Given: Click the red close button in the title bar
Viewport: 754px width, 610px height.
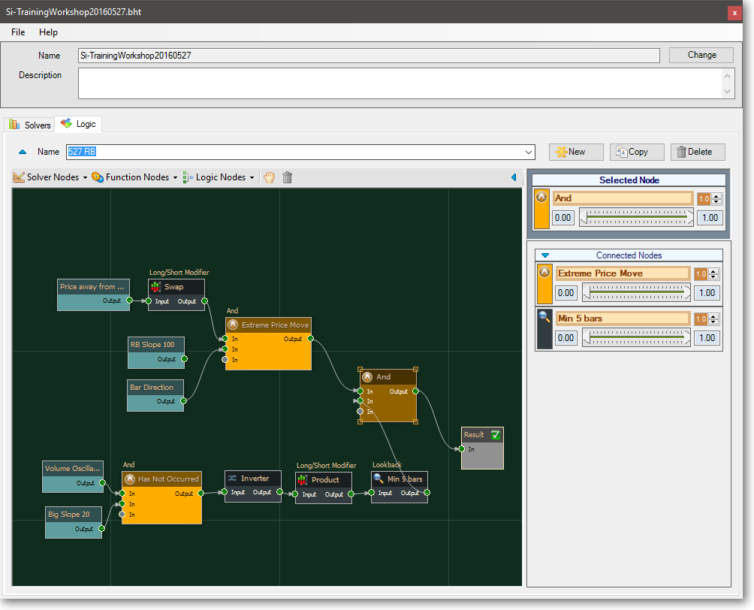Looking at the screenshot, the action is pyautogui.click(x=734, y=13).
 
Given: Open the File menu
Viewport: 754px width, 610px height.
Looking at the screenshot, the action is pyautogui.click(x=18, y=32).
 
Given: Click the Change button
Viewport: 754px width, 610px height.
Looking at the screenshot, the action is pyautogui.click(x=701, y=55).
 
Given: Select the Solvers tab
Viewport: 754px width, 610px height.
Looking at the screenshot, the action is pyautogui.click(x=30, y=125).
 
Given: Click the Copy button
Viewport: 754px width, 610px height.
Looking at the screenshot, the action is pyautogui.click(x=637, y=152).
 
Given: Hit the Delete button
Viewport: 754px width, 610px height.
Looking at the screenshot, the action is pyautogui.click(x=698, y=152).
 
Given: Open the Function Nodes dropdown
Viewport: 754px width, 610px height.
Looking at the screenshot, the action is pyautogui.click(x=134, y=177).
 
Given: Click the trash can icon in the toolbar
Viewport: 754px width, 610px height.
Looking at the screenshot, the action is pyautogui.click(x=287, y=177).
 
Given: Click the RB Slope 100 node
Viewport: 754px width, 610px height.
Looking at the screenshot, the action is pyautogui.click(x=156, y=352).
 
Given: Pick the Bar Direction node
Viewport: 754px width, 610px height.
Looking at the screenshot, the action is pyautogui.click(x=155, y=395).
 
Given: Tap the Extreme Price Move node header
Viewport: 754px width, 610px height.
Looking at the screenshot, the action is pyautogui.click(x=268, y=325).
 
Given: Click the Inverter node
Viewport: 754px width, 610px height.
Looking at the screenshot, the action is pyautogui.click(x=253, y=486).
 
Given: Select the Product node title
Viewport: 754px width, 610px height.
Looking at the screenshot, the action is pyautogui.click(x=324, y=479).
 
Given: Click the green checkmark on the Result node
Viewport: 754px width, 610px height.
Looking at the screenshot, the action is pyautogui.click(x=496, y=435).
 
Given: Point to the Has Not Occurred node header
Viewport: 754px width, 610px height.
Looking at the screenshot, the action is pyautogui.click(x=161, y=479).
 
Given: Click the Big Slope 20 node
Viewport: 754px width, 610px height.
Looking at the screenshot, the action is pyautogui.click(x=74, y=522).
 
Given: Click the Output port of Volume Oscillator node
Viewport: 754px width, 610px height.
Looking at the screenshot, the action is pyautogui.click(x=102, y=482).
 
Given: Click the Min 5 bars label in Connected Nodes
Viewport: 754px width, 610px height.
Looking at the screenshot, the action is pyautogui.click(x=580, y=319).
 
